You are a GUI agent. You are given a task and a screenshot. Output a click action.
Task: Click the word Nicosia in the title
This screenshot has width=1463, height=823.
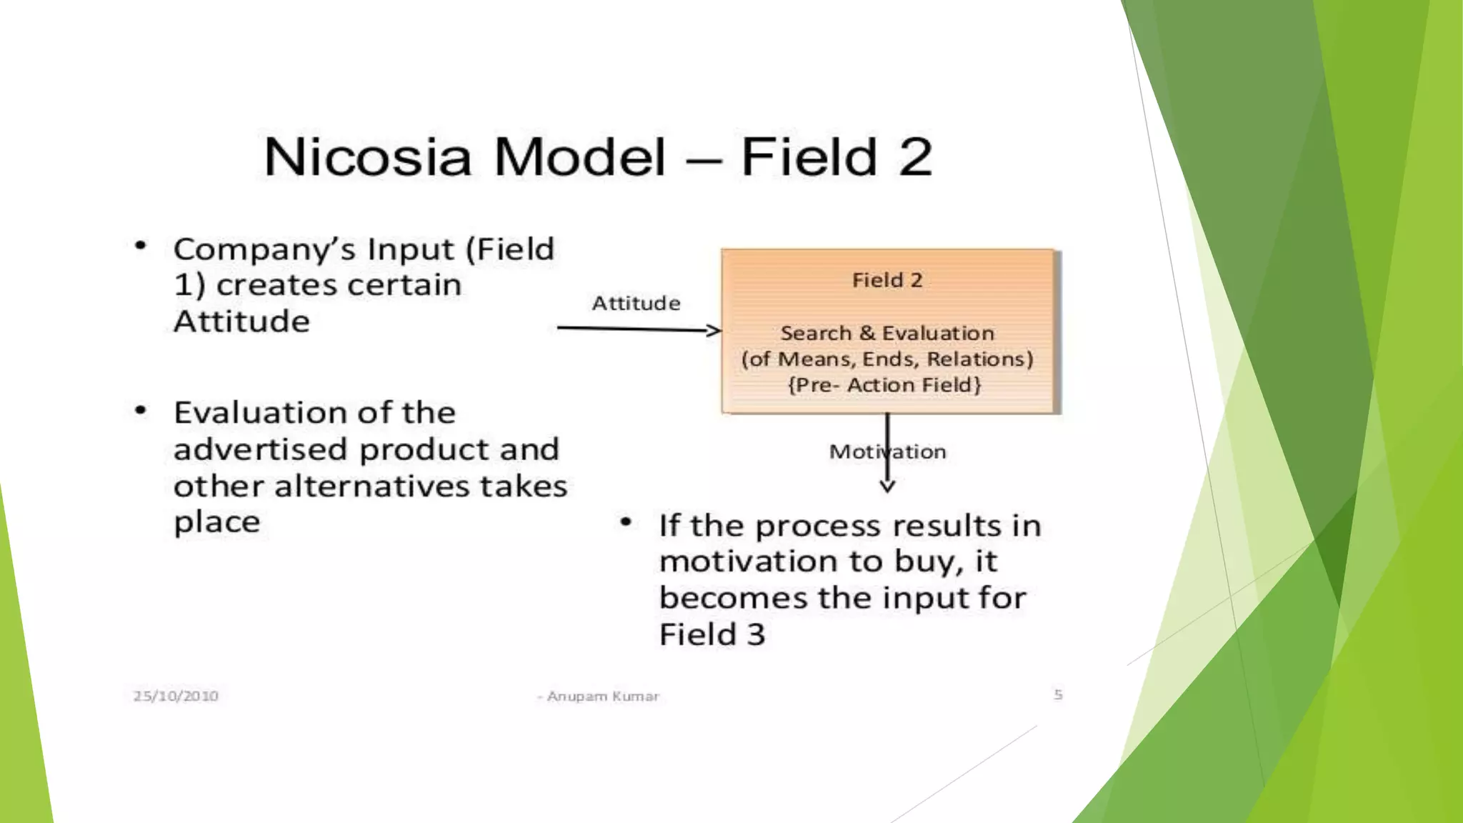click(x=368, y=157)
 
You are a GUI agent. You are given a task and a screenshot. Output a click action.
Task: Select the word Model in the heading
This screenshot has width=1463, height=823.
click(x=579, y=157)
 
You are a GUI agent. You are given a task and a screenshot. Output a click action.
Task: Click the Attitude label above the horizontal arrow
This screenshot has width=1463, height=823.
click(x=636, y=304)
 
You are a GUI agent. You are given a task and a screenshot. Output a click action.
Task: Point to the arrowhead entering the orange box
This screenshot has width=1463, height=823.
click(x=714, y=330)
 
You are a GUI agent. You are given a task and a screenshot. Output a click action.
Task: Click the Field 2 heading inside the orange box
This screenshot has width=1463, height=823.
click(x=887, y=280)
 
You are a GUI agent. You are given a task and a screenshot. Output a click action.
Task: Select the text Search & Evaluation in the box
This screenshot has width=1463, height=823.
click(x=887, y=333)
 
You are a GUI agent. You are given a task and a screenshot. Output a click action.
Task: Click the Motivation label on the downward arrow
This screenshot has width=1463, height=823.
click(x=887, y=452)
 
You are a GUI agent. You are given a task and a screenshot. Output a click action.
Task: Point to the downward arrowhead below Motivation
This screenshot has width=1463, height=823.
click(x=887, y=487)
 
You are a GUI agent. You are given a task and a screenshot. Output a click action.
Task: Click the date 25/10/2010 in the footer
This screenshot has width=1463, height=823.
click(x=176, y=696)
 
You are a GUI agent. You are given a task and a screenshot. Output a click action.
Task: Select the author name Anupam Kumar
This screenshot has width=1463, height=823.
click(x=602, y=696)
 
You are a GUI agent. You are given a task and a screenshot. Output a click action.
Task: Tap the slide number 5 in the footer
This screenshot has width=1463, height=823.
click(x=1058, y=694)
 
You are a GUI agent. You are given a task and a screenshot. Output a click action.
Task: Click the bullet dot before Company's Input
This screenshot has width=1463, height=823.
click(x=141, y=246)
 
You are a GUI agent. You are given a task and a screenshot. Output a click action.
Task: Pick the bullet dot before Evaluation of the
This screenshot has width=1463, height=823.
click(x=141, y=410)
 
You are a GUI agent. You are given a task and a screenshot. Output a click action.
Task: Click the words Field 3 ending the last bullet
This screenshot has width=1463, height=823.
click(x=711, y=634)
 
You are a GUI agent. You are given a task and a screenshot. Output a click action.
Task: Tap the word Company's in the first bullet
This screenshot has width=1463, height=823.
click(x=264, y=250)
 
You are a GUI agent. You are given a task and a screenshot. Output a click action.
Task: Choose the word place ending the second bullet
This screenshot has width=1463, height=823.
click(x=216, y=523)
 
